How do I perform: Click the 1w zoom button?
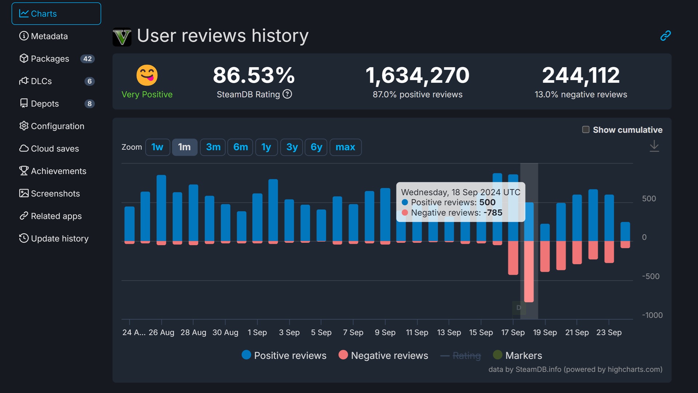click(x=157, y=147)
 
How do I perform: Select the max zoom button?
click(x=345, y=147)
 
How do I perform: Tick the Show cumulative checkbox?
click(x=586, y=130)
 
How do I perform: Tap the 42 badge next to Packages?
click(x=87, y=59)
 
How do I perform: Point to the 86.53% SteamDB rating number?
click(x=254, y=75)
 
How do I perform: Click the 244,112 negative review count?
click(x=581, y=75)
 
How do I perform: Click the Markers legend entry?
click(x=517, y=355)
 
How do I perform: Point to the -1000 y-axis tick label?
click(x=652, y=315)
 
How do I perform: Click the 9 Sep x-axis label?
click(x=385, y=332)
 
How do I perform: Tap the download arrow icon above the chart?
click(x=654, y=146)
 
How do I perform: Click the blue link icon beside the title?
click(x=665, y=35)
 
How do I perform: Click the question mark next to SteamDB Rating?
click(x=287, y=94)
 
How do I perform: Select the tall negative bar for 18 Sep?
click(x=529, y=271)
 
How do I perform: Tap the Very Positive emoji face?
click(x=147, y=75)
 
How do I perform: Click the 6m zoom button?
click(x=240, y=147)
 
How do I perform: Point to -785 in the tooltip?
click(x=493, y=213)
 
